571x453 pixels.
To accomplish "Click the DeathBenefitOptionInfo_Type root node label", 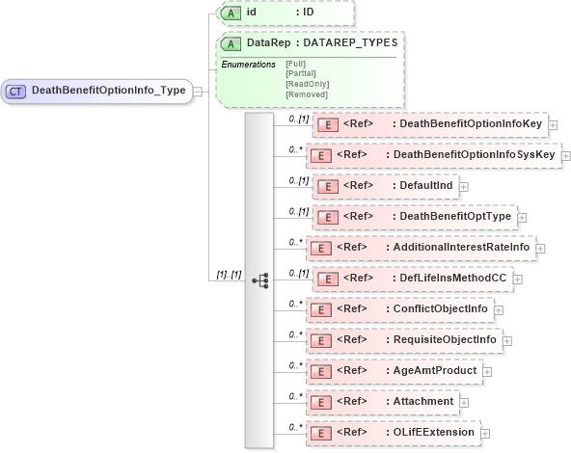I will pos(107,91).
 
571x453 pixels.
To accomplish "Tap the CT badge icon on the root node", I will pos(16,91).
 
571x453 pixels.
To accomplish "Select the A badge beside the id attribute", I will pos(231,13).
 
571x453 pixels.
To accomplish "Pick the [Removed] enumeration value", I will pos(306,94).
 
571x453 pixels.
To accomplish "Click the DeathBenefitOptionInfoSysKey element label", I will pos(467,154).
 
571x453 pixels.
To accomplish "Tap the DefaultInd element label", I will pos(425,185).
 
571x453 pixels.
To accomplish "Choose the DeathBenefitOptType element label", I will pos(454,216).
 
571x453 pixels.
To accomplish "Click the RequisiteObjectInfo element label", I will pos(445,339).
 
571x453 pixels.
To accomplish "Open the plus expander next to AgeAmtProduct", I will pos(486,371).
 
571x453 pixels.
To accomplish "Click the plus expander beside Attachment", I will pos(464,402).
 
